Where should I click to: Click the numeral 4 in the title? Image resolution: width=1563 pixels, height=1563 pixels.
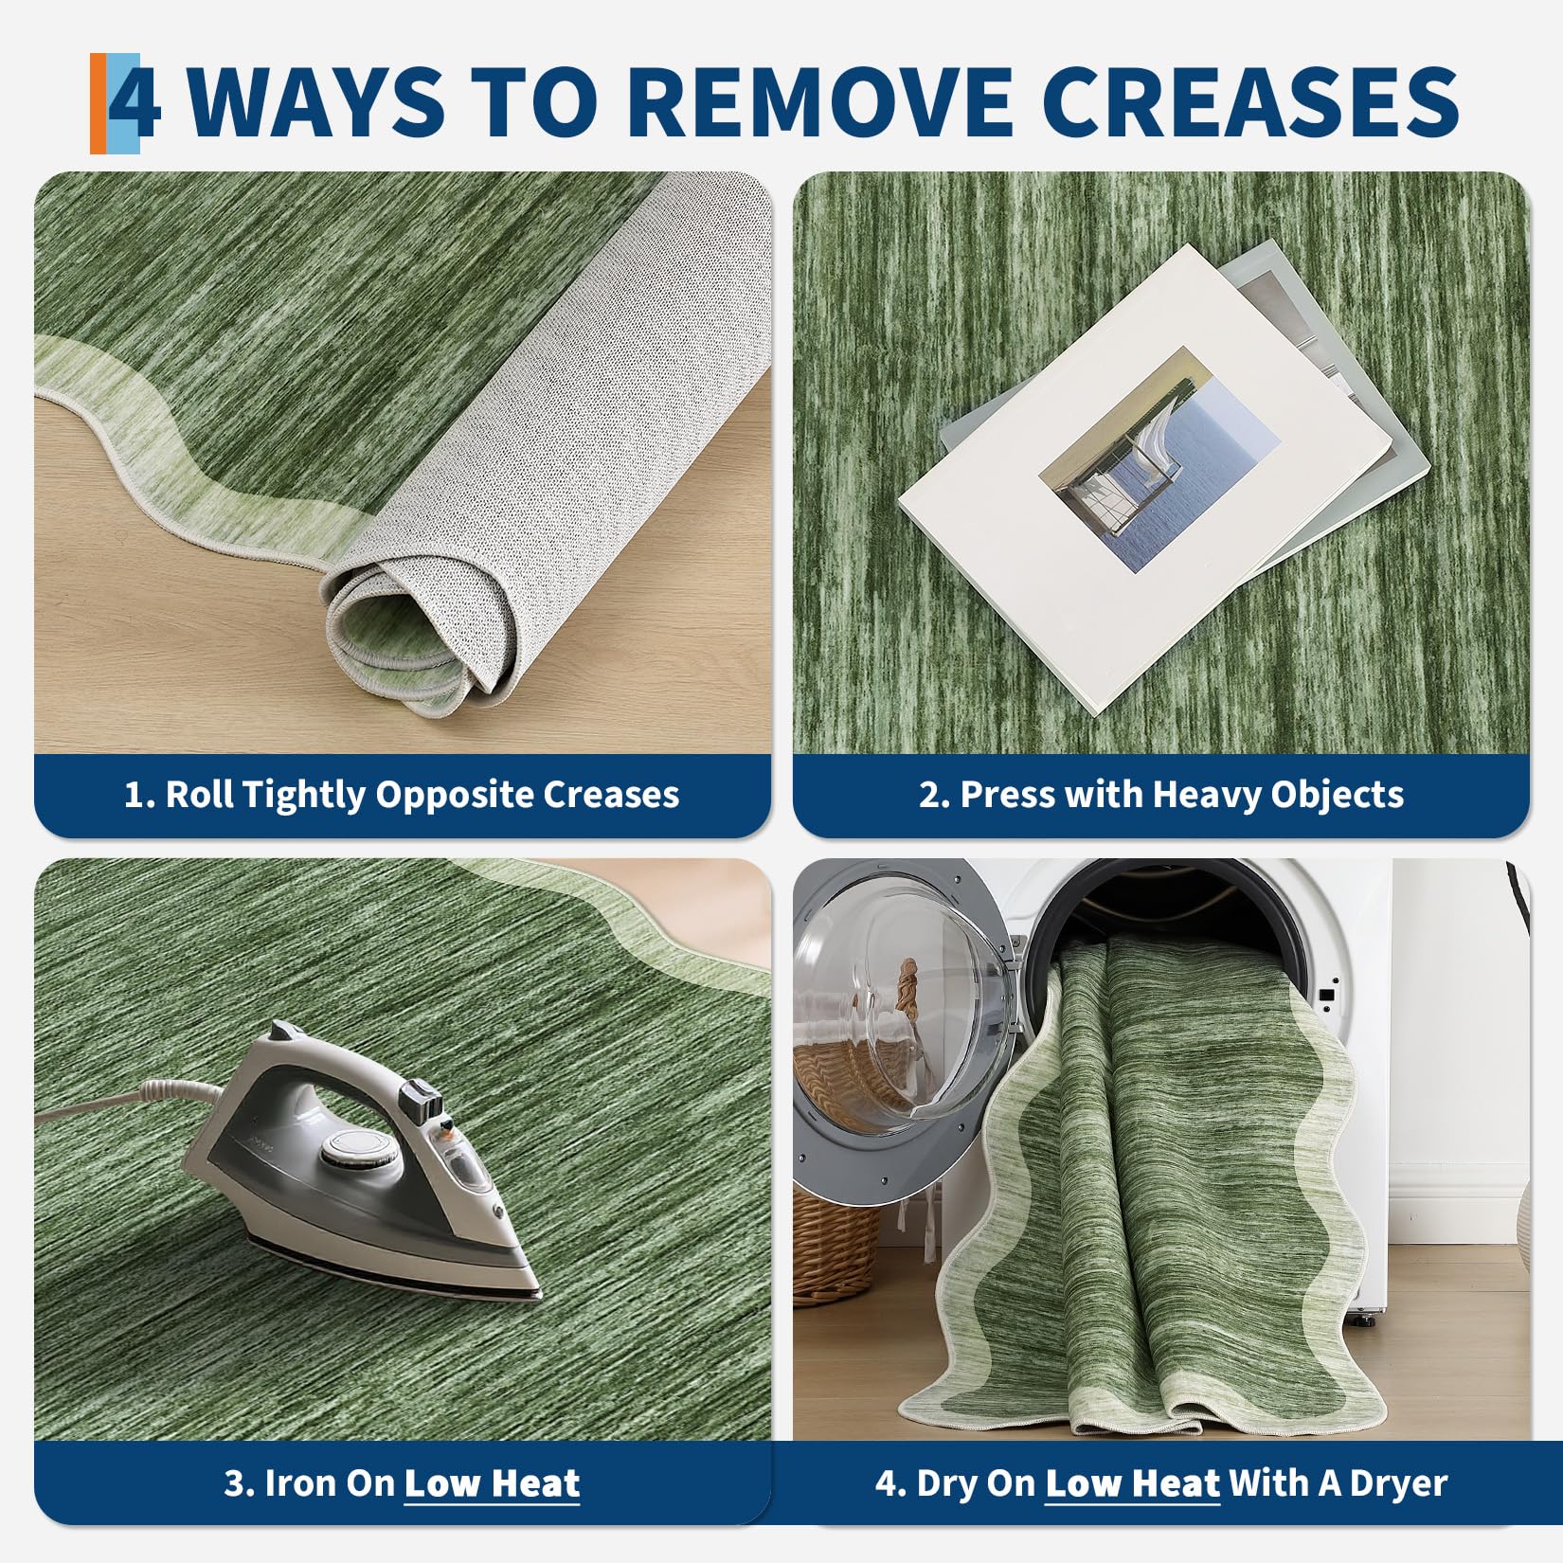click(135, 102)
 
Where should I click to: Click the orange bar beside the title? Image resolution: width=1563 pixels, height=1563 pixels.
click(99, 103)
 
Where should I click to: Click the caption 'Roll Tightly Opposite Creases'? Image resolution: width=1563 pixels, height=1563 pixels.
click(402, 794)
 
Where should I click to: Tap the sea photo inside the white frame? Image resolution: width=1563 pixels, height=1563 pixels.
click(1159, 458)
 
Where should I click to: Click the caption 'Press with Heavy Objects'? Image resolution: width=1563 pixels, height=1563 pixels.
click(1161, 794)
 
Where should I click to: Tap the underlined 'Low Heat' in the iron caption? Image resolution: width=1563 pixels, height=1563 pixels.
click(492, 1482)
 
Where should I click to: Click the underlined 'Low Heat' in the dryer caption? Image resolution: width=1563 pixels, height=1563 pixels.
click(1132, 1482)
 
